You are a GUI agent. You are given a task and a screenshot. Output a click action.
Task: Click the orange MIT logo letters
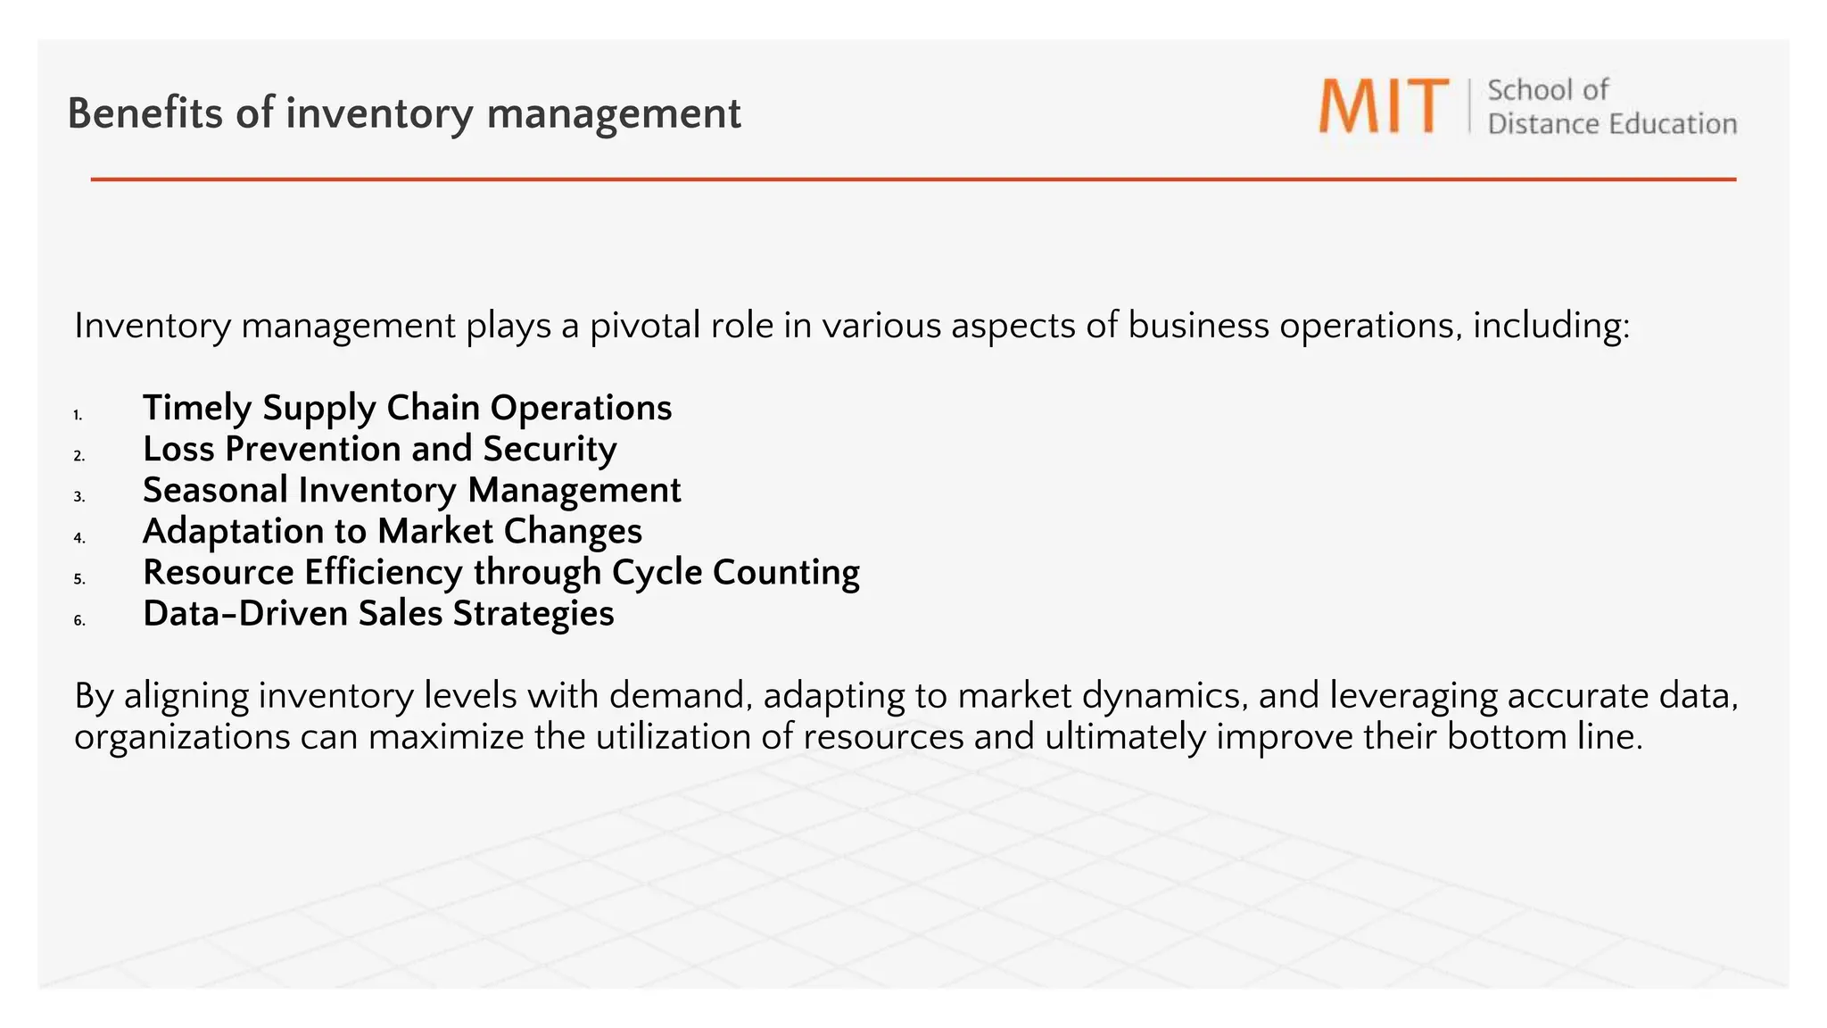(1384, 107)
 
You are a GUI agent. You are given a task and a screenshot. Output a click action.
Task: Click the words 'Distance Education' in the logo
(1612, 124)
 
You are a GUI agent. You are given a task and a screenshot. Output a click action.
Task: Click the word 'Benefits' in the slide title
(145, 113)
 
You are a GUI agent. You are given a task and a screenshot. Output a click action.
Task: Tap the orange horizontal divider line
(913, 179)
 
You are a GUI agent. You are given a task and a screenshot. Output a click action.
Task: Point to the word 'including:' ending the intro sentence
(1551, 326)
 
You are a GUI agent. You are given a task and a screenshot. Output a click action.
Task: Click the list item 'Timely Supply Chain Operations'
(407, 408)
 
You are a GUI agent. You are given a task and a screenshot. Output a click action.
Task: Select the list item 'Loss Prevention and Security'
(379, 449)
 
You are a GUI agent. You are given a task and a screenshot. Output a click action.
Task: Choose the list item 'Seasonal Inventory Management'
(411, 490)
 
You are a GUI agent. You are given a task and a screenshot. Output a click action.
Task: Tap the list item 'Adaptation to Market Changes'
(392, 531)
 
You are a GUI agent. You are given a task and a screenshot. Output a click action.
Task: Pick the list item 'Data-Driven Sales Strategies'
(378, 614)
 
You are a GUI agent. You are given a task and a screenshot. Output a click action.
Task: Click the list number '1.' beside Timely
(79, 415)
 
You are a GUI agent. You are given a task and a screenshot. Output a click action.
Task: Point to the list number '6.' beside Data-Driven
(79, 620)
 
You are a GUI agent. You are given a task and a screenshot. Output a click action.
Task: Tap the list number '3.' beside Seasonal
(79, 497)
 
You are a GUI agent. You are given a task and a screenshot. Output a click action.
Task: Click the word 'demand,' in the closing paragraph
(681, 696)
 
